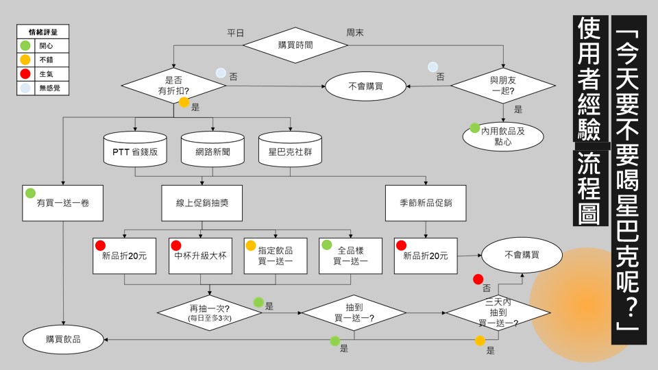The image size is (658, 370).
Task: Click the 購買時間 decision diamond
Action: click(x=295, y=45)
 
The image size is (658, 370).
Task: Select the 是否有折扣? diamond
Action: click(x=173, y=86)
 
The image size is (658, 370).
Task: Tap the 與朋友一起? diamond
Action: click(x=503, y=85)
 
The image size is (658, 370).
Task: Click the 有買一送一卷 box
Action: click(x=63, y=203)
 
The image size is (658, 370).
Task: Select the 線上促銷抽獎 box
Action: click(x=202, y=203)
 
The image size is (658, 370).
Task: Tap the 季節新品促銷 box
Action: click(x=425, y=203)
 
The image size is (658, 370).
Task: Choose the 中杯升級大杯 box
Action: click(x=200, y=256)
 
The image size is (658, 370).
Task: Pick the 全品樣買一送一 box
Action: click(x=350, y=256)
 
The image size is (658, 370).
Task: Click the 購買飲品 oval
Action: click(x=64, y=338)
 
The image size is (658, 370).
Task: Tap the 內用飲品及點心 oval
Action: click(x=503, y=136)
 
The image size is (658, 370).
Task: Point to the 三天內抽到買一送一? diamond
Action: click(x=498, y=312)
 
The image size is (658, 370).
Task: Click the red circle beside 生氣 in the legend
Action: click(x=25, y=74)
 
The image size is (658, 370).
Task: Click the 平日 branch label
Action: click(x=235, y=33)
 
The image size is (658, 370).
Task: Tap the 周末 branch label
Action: click(x=355, y=33)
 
